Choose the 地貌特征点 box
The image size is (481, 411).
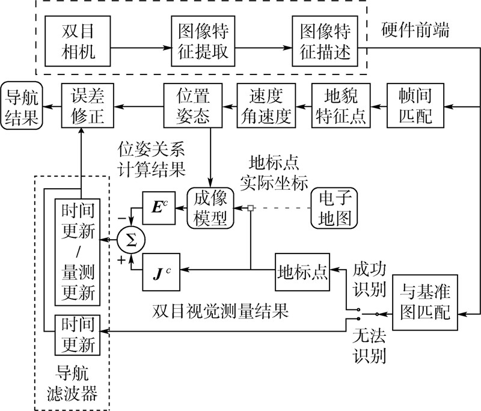point(341,105)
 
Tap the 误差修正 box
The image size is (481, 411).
point(88,105)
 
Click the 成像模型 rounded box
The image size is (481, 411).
point(210,208)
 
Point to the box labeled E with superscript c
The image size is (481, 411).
point(159,208)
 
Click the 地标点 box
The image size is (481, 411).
point(302,272)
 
